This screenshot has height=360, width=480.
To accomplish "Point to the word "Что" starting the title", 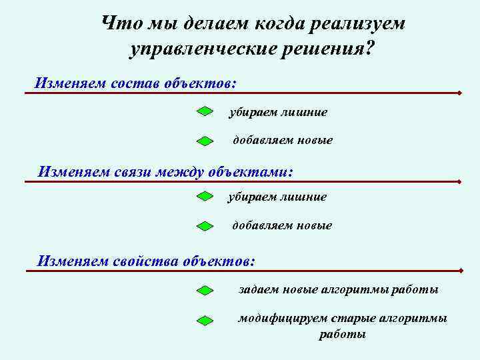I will (117, 23).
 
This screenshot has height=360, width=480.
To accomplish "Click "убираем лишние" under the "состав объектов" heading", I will (278, 113).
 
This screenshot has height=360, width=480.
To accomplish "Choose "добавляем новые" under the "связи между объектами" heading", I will (281, 225).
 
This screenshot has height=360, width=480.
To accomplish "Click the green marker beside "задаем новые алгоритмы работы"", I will (205, 291).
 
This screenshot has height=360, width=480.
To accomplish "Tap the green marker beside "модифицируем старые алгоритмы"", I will (205, 320).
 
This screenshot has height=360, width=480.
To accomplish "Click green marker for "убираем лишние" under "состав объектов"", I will (205, 112).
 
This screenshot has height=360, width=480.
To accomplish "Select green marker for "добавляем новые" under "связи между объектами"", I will (205, 226).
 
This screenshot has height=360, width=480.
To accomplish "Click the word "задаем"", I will (259, 290).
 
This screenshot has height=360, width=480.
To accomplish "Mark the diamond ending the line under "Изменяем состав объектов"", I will (460, 93).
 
